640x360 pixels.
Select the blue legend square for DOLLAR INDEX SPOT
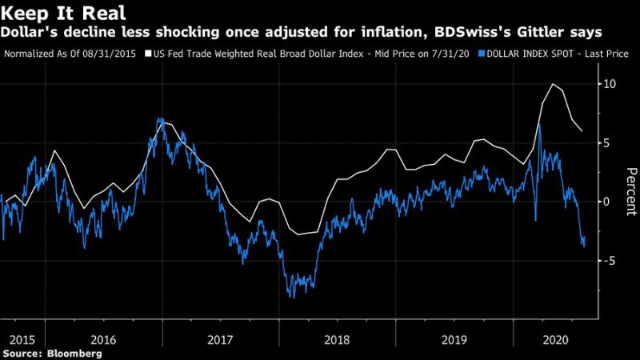pyautogui.click(x=478, y=54)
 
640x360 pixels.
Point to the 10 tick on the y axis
pyautogui.click(x=610, y=84)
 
